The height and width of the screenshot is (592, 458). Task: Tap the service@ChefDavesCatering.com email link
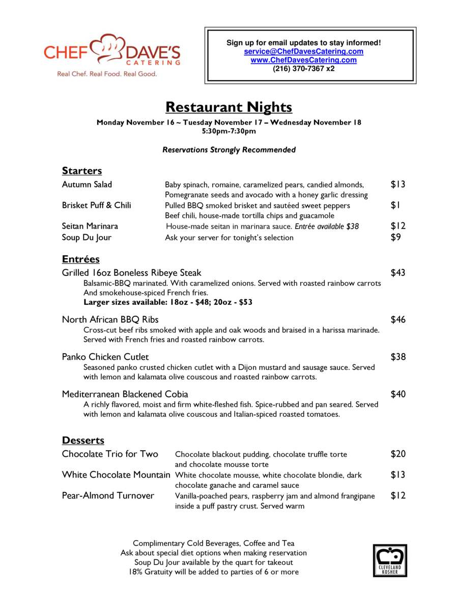point(303,51)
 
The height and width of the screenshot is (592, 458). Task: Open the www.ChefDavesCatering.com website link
point(303,60)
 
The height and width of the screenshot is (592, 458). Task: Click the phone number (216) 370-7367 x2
point(303,69)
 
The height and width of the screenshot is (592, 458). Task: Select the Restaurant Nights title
point(228,107)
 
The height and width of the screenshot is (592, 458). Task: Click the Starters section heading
point(82,170)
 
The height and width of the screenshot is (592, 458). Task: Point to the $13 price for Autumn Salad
point(397,184)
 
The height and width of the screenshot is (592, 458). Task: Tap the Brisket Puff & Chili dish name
point(96,205)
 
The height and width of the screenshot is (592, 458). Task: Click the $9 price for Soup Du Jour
point(395,237)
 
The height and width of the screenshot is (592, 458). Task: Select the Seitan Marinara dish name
point(90,226)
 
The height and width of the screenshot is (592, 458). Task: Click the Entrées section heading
point(80,259)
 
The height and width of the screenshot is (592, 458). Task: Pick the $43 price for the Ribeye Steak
point(397,273)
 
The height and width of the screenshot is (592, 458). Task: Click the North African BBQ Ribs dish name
point(110,320)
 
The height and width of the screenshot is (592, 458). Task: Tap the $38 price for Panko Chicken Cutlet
point(397,357)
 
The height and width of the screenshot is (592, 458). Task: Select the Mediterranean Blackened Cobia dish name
point(125,394)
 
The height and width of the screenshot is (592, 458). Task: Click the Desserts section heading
point(83,440)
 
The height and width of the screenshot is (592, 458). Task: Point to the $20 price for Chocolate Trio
point(397,454)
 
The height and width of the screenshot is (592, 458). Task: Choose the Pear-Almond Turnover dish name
point(108,495)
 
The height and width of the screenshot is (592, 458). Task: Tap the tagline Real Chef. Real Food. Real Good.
point(107,74)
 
